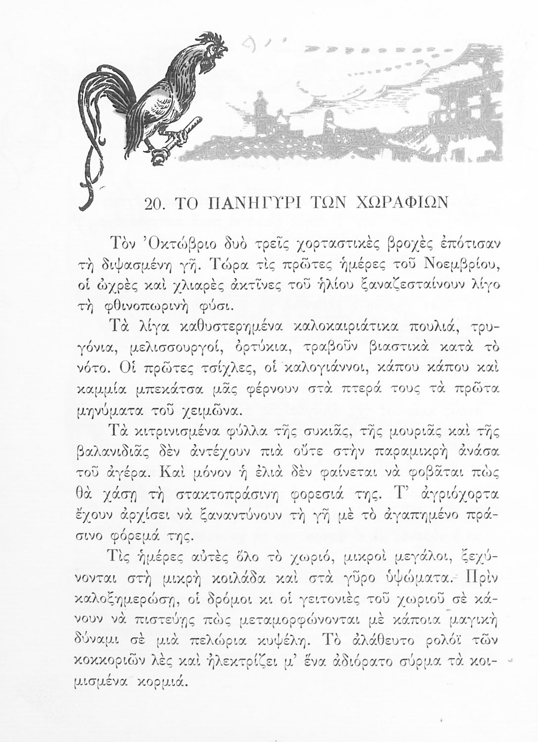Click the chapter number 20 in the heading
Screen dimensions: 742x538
158,203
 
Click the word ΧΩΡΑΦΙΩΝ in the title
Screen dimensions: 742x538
400,203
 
